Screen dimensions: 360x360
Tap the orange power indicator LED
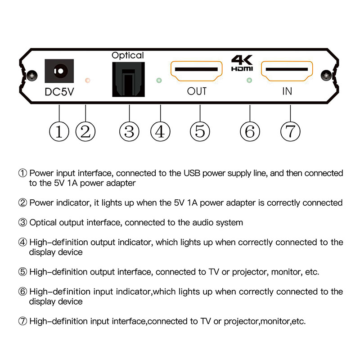click(x=88, y=80)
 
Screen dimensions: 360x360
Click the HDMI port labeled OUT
click(x=197, y=70)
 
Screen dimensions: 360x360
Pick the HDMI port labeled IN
click(x=287, y=70)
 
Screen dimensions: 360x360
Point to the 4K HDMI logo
click(x=242, y=63)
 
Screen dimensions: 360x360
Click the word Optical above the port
click(x=128, y=55)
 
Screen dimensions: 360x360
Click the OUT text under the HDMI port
click(x=197, y=91)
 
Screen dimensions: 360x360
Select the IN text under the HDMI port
click(x=287, y=91)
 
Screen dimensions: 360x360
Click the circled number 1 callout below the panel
click(x=59, y=131)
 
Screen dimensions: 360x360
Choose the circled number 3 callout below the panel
click(x=129, y=131)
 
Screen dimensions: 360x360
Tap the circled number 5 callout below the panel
click(x=200, y=131)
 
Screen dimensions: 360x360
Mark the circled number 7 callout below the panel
click(x=290, y=131)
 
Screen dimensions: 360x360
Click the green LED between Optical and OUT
click(x=158, y=81)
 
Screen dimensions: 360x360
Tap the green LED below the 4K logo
click(x=249, y=81)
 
